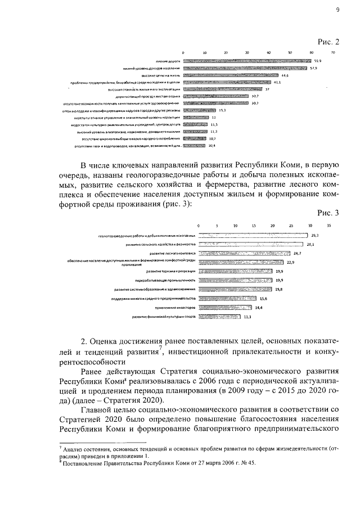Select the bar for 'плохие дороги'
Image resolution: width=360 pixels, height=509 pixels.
247,60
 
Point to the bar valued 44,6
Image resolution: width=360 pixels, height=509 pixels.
231,75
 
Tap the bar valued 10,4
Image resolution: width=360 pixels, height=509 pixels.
195,146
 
